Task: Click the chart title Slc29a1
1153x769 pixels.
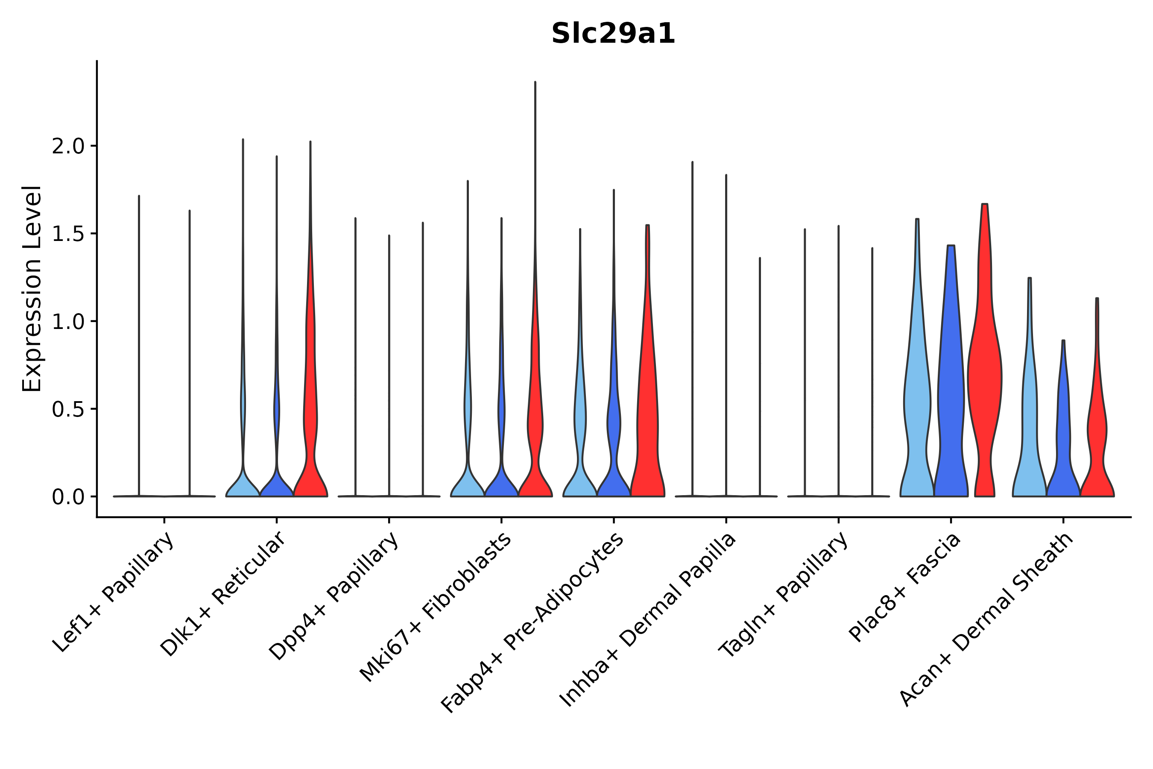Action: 613,34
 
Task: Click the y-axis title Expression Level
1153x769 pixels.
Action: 32,288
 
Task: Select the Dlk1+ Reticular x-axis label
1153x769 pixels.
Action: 223,594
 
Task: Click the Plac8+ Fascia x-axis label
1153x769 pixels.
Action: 905,587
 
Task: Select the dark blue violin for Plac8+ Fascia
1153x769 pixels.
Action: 951,392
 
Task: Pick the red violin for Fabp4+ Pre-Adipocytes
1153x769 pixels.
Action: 647,417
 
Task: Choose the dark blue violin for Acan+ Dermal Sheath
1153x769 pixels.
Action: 1063,441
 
